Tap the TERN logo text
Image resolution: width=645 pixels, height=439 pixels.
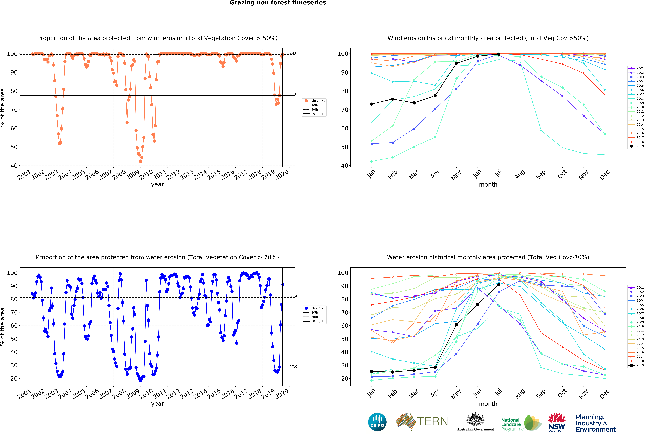[x=432, y=421]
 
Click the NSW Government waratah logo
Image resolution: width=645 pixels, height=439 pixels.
[x=556, y=422]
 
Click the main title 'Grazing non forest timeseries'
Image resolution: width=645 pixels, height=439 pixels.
[x=278, y=3]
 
